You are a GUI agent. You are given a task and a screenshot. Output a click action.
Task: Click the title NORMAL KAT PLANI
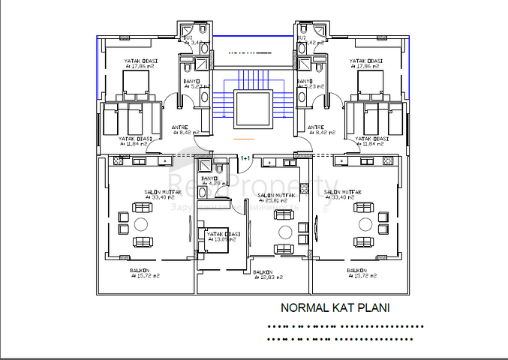point(335,307)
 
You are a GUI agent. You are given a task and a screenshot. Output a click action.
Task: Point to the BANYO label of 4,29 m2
point(210,181)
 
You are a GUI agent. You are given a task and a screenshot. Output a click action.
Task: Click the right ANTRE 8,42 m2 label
point(316,130)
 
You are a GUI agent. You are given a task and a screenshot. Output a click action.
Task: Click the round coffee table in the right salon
point(363,225)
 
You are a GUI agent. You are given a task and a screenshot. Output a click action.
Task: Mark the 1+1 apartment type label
point(245,158)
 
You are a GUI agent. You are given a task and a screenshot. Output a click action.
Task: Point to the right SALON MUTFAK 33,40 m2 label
point(342,195)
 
